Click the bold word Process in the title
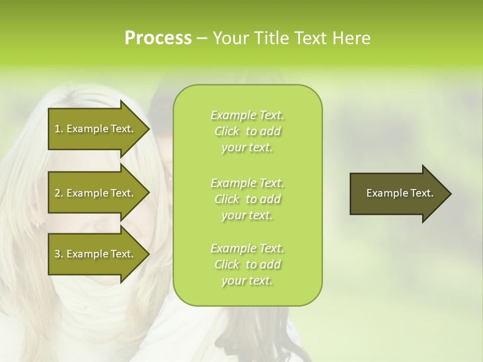pyautogui.click(x=158, y=38)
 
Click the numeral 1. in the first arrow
pyautogui.click(x=59, y=129)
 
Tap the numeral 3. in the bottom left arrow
pyautogui.click(x=59, y=254)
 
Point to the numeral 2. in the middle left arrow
pyautogui.click(x=59, y=193)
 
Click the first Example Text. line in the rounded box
pyautogui.click(x=248, y=115)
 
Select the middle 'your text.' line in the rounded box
pyautogui.click(x=247, y=215)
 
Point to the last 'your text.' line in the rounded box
pyautogui.click(x=247, y=281)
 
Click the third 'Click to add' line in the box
pyautogui.click(x=248, y=264)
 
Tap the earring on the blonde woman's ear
pyautogui.click(x=37, y=226)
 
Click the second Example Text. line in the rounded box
pyautogui.click(x=248, y=183)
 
